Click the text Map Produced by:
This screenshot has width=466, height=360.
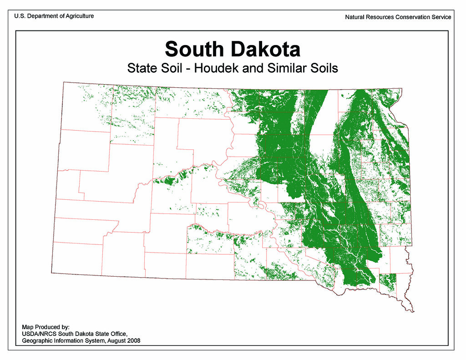(46, 327)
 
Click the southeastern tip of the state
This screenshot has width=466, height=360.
(413, 312)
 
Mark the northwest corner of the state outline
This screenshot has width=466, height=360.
(63, 82)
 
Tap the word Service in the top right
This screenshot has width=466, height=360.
(441, 17)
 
